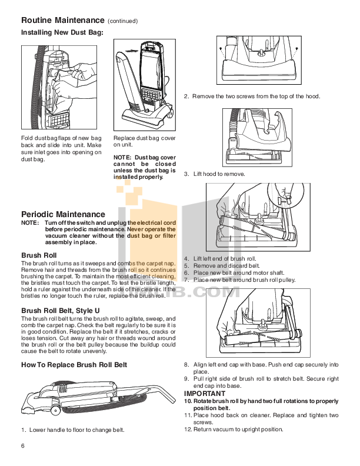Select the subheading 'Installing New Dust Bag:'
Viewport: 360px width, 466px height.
pyautogui.click(x=62, y=32)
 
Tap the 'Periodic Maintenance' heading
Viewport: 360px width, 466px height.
pyautogui.click(x=63, y=214)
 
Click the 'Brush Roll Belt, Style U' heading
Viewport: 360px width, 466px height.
pyautogui.click(x=64, y=309)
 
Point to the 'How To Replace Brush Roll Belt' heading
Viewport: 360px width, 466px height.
pyautogui.click(x=74, y=365)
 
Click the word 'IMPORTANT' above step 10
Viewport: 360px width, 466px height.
pyautogui.click(x=204, y=393)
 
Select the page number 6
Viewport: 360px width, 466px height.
pyautogui.click(x=23, y=444)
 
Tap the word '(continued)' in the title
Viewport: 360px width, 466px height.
pyautogui.click(x=122, y=21)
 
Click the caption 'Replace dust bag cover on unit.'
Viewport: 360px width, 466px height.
pyautogui.click(x=144, y=141)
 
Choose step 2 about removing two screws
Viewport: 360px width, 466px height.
pyautogui.click(x=252, y=96)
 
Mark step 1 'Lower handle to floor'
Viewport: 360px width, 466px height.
pyautogui.click(x=73, y=430)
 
